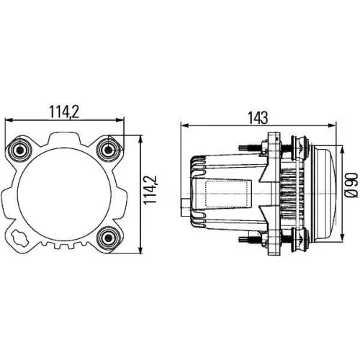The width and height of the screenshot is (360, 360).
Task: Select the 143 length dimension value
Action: pyautogui.click(x=260, y=117)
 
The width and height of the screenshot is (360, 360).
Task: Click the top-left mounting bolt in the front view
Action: pyautogui.click(x=19, y=149)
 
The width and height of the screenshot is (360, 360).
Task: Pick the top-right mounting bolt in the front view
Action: pyautogui.click(x=109, y=149)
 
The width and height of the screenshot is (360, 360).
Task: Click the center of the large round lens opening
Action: pyautogui.click(x=64, y=193)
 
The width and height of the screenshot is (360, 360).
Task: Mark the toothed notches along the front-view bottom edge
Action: pyautogui.click(x=64, y=247)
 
